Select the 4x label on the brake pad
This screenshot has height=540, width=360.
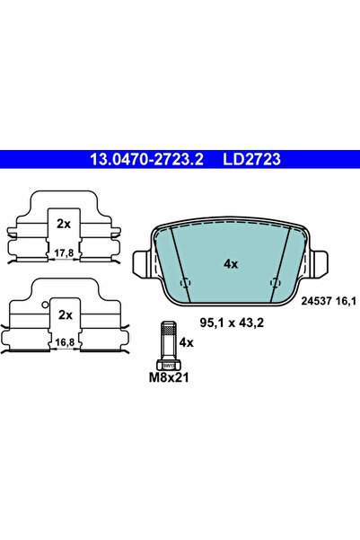pos(231,264)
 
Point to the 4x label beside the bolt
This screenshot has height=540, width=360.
pos(186,342)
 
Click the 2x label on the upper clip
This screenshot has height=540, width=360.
pos(65,223)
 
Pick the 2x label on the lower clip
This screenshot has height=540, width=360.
pos(65,315)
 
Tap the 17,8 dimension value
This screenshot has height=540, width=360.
pos(65,252)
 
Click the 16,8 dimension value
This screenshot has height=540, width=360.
pos(65,342)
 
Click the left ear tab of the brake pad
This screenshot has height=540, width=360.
pos(142,264)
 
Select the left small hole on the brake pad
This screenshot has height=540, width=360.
pos(187,284)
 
